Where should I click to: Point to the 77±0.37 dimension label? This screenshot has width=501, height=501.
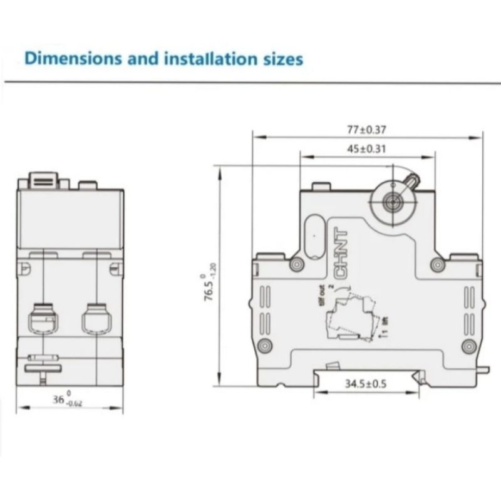click(367, 130)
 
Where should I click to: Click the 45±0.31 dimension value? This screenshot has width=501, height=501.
click(367, 149)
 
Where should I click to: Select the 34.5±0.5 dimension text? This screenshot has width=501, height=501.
click(367, 384)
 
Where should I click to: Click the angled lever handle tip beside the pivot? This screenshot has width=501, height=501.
click(412, 180)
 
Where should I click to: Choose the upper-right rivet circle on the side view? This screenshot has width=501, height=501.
click(438, 265)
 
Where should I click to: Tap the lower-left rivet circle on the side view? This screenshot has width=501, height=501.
click(266, 346)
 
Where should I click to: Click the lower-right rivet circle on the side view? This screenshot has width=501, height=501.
click(468, 346)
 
